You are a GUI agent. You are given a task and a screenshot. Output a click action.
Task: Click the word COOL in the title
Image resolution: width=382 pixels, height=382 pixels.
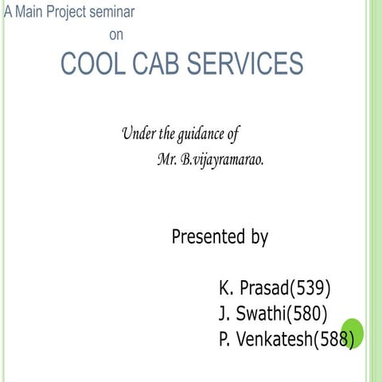click(x=90, y=64)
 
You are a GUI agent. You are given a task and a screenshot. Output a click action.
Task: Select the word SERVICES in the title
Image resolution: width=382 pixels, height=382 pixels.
click(x=245, y=64)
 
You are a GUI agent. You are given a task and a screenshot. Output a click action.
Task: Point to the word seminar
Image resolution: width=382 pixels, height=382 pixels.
click(x=112, y=12)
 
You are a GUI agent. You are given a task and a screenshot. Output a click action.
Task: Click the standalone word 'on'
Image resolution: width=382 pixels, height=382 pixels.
click(x=116, y=34)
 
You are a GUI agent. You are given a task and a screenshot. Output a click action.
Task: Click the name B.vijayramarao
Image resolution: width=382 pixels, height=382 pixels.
click(x=222, y=159)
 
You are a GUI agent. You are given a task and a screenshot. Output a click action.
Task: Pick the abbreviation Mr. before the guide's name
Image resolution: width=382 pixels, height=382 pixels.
click(x=167, y=159)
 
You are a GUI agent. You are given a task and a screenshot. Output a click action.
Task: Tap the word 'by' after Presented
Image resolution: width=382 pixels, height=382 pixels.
click(x=259, y=237)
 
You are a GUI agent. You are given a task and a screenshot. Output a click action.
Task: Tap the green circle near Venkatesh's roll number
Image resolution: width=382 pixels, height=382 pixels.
click(x=353, y=333)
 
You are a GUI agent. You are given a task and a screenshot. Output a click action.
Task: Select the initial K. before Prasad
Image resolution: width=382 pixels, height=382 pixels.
click(x=225, y=287)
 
